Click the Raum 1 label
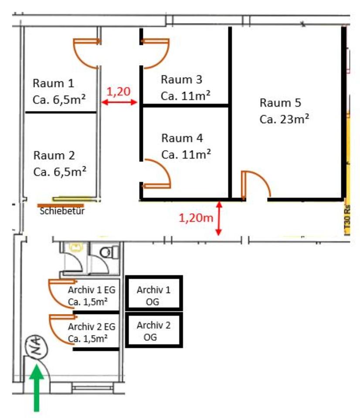(x=54, y=83)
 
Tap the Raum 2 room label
(x=54, y=155)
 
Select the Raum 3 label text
(x=181, y=80)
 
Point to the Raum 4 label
(x=182, y=138)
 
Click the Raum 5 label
(x=280, y=103)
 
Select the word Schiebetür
(x=61, y=212)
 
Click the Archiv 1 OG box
(x=154, y=293)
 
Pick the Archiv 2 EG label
(x=92, y=327)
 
